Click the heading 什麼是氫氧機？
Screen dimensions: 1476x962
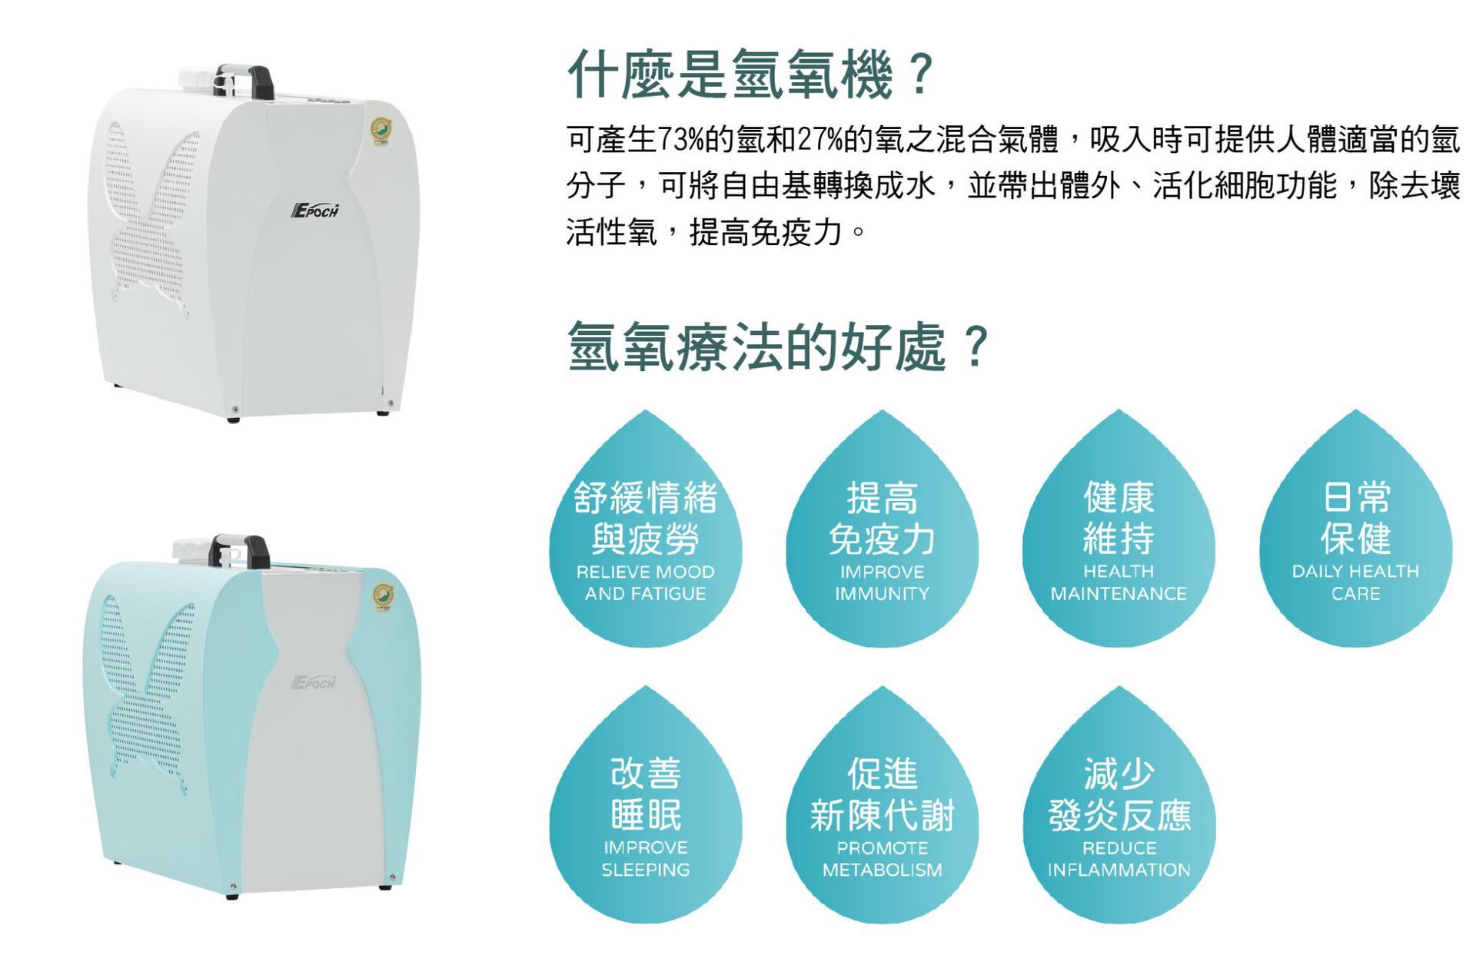[750, 75]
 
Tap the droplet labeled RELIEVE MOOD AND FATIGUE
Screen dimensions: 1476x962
[646, 538]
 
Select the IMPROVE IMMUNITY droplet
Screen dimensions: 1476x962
[882, 538]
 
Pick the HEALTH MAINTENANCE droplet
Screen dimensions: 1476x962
[1119, 538]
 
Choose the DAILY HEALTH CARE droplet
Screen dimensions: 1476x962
[1355, 538]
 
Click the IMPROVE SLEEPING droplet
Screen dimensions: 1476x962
[646, 814]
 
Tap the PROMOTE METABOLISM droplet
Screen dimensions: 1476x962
[882, 814]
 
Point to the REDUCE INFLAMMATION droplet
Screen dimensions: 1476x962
[1119, 814]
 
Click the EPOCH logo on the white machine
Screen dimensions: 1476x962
[315, 211]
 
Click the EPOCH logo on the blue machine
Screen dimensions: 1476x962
[314, 682]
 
